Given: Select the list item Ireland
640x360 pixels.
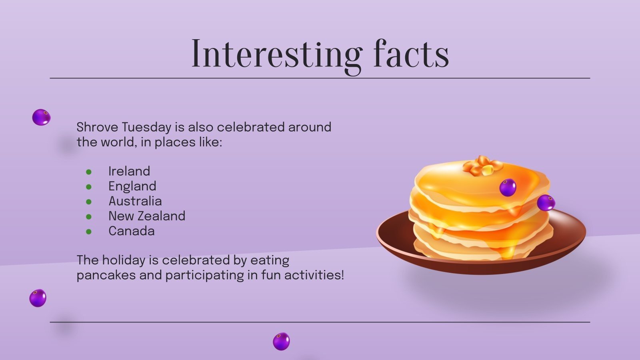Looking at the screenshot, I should point(129,171).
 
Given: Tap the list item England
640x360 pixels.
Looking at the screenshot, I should point(132,186).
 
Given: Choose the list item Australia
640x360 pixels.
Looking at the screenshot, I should point(135,201).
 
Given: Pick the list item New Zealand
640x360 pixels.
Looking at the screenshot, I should point(147,216).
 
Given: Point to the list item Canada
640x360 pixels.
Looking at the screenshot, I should point(131,231).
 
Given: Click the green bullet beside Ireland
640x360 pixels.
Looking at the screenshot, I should point(89,172).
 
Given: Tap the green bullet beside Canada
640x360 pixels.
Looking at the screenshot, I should point(89,232).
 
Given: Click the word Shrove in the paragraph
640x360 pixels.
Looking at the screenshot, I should point(97,127).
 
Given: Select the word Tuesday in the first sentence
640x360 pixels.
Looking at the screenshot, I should point(146,127).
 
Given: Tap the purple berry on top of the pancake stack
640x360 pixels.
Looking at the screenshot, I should point(508,187).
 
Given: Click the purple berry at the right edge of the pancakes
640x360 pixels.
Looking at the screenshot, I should point(546,203).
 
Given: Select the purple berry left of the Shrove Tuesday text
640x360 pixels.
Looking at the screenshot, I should point(41,117).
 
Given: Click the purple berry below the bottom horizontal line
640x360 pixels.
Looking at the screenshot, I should point(281,341).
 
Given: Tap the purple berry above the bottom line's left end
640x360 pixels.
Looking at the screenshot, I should point(38,298).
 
